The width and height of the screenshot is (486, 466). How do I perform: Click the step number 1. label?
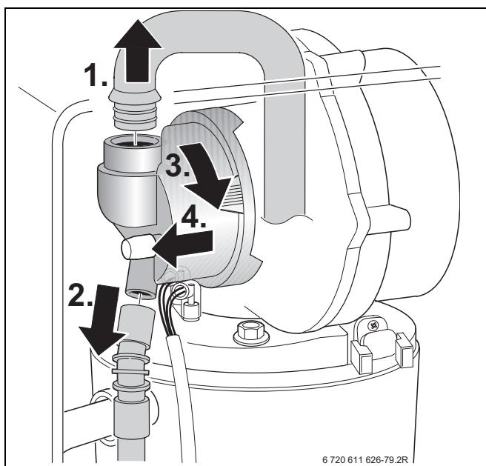(96, 75)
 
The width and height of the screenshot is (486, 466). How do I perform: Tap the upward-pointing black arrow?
(138, 51)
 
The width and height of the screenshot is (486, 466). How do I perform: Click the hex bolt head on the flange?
(251, 333)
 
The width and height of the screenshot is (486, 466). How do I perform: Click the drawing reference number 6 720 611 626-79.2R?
(365, 459)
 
